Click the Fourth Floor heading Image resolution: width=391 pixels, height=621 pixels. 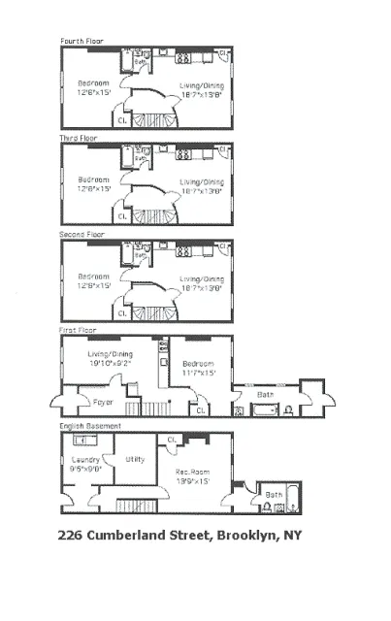[81, 42]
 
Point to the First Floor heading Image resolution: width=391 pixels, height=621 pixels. [79, 330]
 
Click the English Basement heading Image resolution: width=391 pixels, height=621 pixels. [90, 426]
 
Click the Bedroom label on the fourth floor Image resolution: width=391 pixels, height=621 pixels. [93, 83]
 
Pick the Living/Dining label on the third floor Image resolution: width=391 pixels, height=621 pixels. [202, 181]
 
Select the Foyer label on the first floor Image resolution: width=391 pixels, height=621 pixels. [103, 401]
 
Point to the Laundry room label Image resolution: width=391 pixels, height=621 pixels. [88, 460]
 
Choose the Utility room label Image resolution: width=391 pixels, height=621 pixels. [136, 459]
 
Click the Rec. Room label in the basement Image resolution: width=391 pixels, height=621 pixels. [193, 473]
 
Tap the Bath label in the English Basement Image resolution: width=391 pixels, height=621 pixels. [274, 494]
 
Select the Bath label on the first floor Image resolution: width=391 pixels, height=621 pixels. [265, 394]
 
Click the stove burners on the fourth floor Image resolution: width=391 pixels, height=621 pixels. [181, 57]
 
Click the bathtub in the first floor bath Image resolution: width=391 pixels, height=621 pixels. [266, 410]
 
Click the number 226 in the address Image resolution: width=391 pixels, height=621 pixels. [70, 535]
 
